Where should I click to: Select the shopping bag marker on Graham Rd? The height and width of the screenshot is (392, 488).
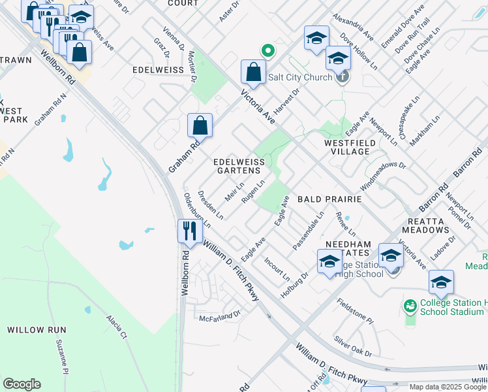point(200,125)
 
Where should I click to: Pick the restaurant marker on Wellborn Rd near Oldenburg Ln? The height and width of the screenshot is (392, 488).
point(189,231)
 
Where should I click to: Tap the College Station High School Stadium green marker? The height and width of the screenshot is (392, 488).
point(410,305)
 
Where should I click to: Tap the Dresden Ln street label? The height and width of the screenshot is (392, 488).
point(211,204)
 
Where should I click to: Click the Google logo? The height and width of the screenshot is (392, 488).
point(22,384)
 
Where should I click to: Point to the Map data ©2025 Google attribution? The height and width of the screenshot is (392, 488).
point(448,387)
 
